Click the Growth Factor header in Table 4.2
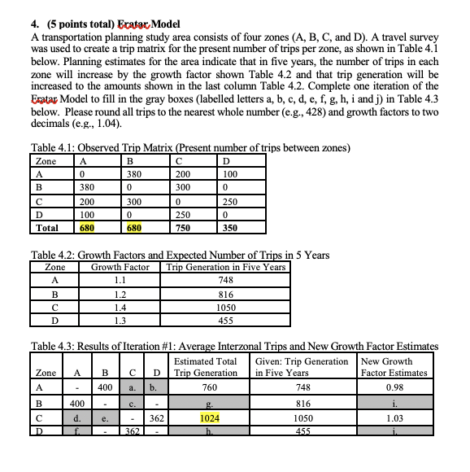tap(120, 267)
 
